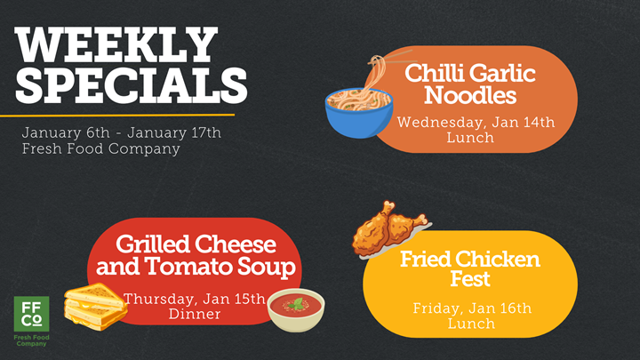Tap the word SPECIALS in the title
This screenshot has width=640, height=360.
pyautogui.click(x=132, y=84)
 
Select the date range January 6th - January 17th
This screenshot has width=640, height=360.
pyautogui.click(x=122, y=132)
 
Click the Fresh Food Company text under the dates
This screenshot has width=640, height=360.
pyautogui.click(x=100, y=148)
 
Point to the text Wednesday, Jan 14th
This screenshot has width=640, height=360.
pyautogui.click(x=476, y=122)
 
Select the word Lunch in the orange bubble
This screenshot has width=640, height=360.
pyautogui.click(x=476, y=138)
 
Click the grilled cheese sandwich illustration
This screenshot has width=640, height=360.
pyautogui.click(x=93, y=306)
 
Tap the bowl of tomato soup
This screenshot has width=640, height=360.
pyautogui.click(x=296, y=309)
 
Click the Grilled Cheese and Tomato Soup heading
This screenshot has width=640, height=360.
pyautogui.click(x=196, y=255)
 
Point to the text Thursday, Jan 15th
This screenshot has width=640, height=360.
pyautogui.click(x=195, y=298)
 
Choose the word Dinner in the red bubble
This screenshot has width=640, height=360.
pyautogui.click(x=195, y=314)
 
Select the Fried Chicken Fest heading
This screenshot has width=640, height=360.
pyautogui.click(x=469, y=269)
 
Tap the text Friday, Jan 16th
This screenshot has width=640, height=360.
pyautogui.click(x=472, y=308)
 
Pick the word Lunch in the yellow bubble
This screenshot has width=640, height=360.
pyautogui.click(x=472, y=324)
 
